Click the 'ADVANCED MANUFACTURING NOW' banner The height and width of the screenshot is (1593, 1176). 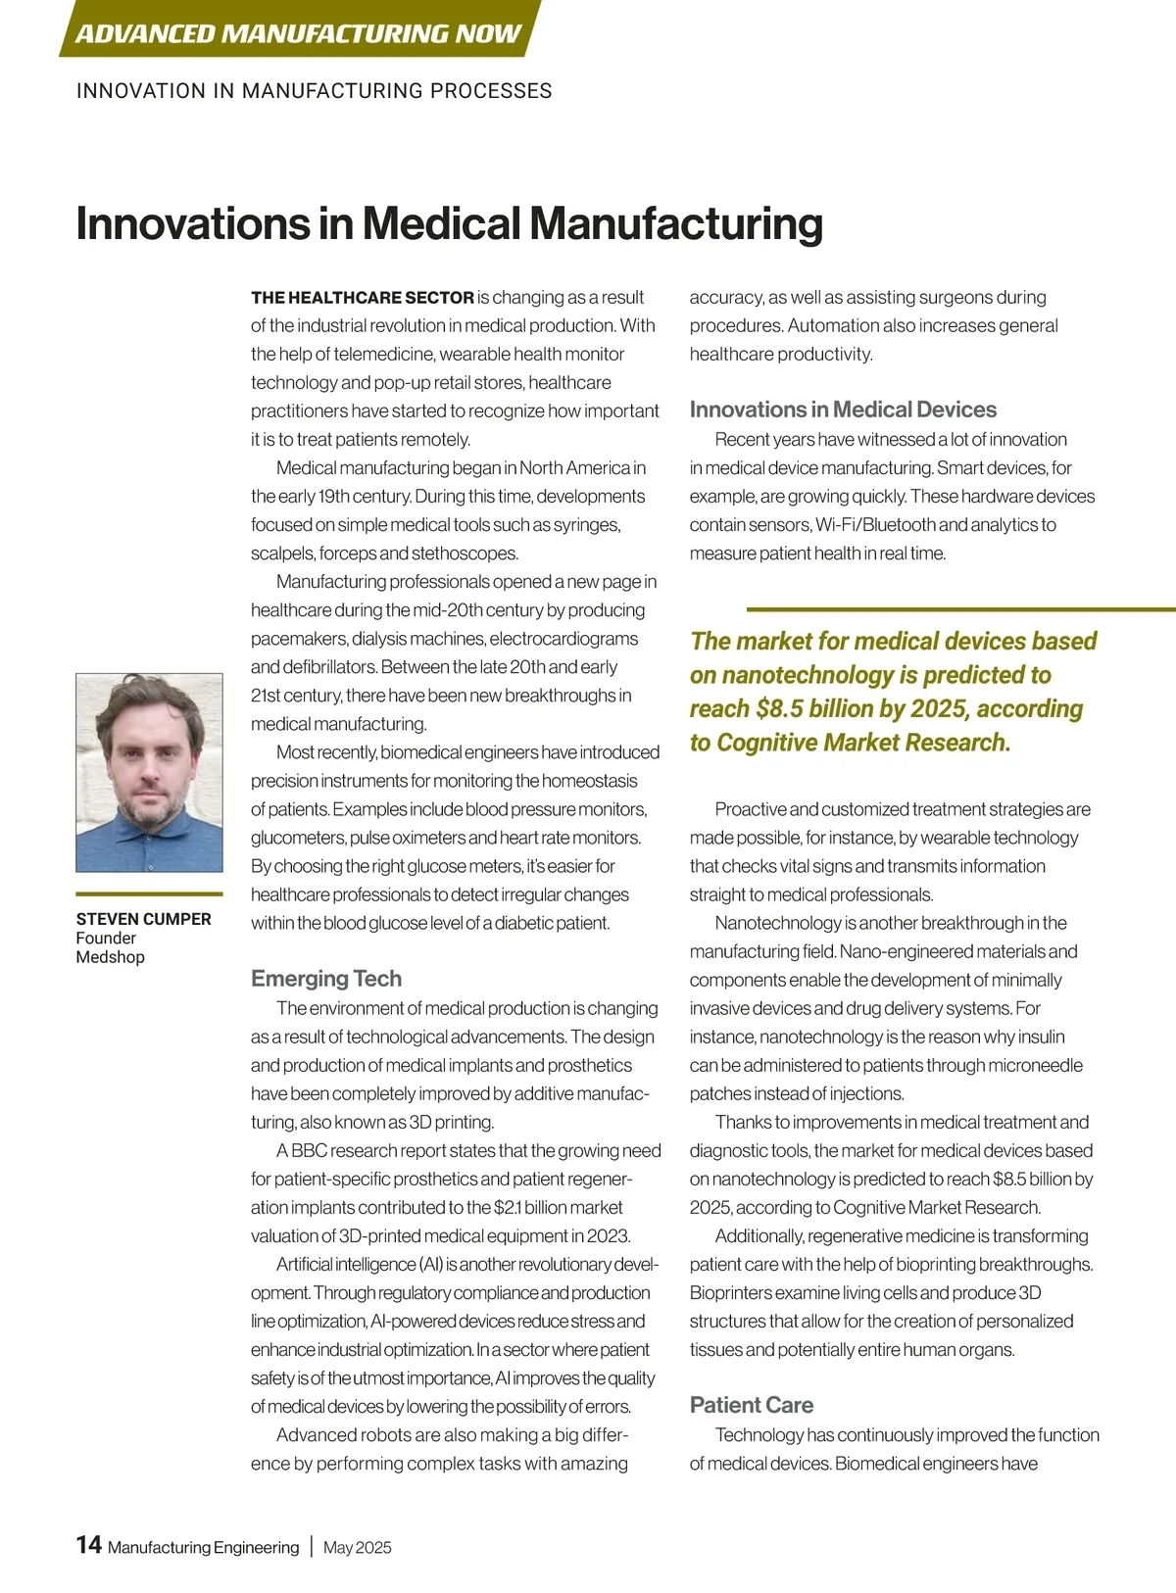[298, 32]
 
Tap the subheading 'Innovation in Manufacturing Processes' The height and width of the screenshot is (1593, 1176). [314, 91]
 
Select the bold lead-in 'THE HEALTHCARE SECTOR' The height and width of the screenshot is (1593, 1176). [362, 298]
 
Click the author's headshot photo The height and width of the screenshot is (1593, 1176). [149, 772]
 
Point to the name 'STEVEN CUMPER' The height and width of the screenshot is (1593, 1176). [143, 919]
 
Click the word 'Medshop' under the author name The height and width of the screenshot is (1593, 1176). [110, 957]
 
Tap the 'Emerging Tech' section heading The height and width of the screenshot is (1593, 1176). [325, 978]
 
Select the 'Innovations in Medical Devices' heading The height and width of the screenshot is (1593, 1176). [843, 410]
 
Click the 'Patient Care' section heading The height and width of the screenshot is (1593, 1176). [751, 1405]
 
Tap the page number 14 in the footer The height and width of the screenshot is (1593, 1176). [88, 1545]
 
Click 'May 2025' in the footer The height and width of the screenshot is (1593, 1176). [357, 1548]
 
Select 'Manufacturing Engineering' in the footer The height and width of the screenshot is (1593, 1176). [203, 1548]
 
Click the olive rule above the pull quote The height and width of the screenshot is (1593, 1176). [960, 609]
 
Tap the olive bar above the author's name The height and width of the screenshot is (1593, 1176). [149, 893]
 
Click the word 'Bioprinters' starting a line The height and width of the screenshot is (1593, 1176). [732, 1293]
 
